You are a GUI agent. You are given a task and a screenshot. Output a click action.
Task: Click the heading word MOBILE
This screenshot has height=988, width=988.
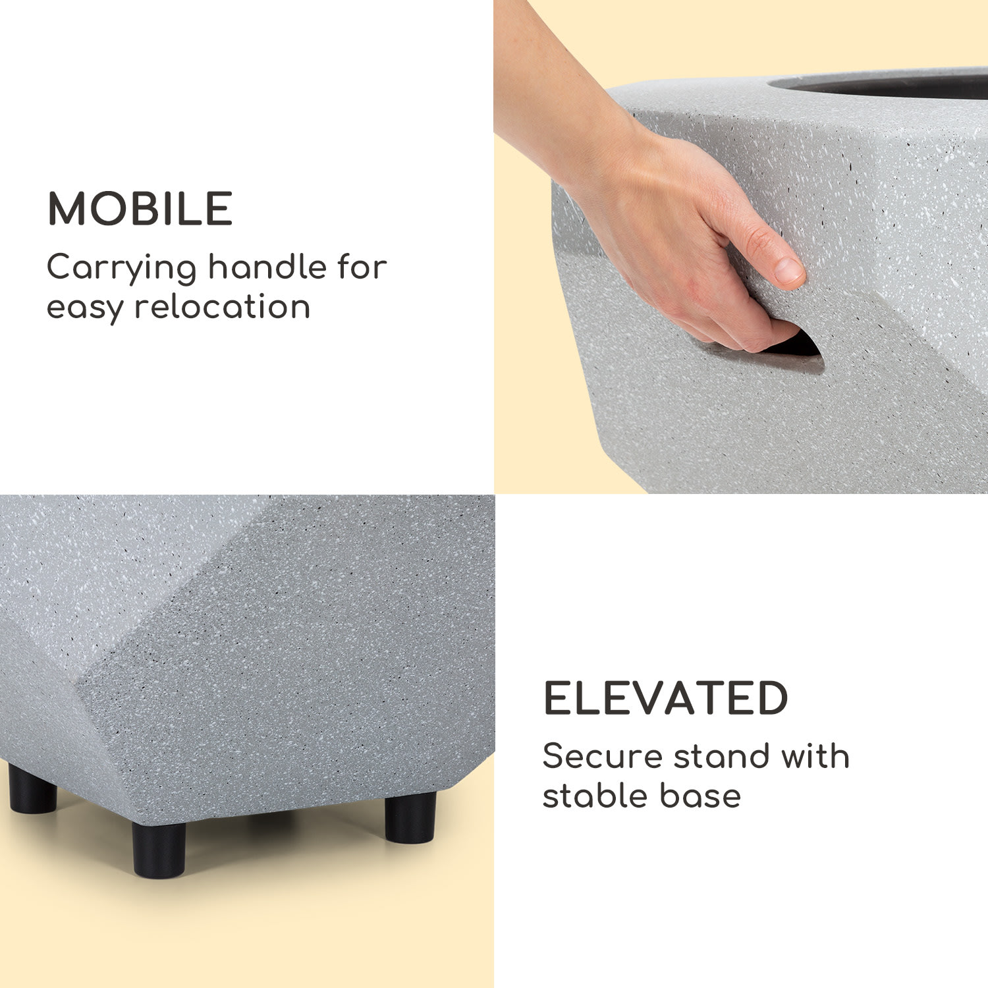point(140,209)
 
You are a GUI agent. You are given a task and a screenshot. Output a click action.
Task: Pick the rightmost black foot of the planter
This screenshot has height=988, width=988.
point(410,817)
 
